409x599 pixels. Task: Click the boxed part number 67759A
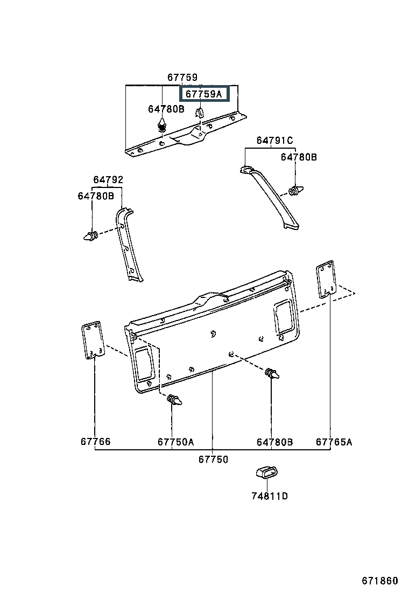(204, 94)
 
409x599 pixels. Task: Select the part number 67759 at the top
(182, 78)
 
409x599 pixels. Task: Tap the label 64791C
(274, 141)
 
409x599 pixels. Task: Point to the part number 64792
(108, 179)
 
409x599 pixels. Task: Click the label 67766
(95, 442)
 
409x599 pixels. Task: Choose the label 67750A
(175, 442)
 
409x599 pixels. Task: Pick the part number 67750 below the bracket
(213, 459)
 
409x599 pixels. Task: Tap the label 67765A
(334, 442)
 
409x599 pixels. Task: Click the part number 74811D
(270, 496)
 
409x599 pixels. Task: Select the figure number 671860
(379, 581)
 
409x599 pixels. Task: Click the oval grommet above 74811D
(267, 472)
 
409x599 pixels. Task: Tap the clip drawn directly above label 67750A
(174, 400)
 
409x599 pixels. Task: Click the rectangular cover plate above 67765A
(326, 279)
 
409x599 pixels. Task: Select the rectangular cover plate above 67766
(93, 340)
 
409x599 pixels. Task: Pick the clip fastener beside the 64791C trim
(296, 190)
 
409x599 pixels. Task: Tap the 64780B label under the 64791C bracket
(299, 157)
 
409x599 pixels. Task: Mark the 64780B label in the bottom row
(274, 442)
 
